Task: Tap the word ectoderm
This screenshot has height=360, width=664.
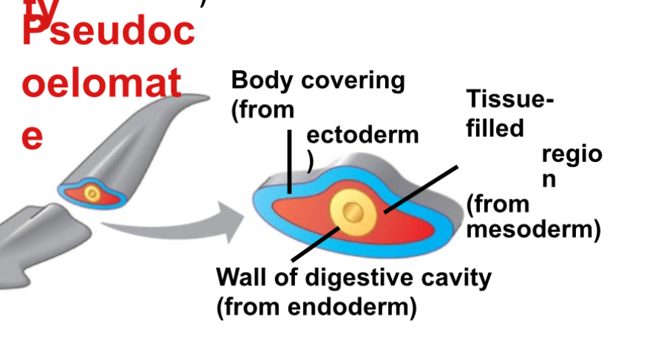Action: (362, 135)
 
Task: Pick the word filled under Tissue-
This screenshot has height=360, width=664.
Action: (495, 128)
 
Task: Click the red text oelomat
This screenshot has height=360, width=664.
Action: (101, 84)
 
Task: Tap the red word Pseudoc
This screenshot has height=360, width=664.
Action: (108, 33)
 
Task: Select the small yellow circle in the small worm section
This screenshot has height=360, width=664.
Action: (92, 194)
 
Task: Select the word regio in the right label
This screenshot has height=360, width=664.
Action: (572, 154)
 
